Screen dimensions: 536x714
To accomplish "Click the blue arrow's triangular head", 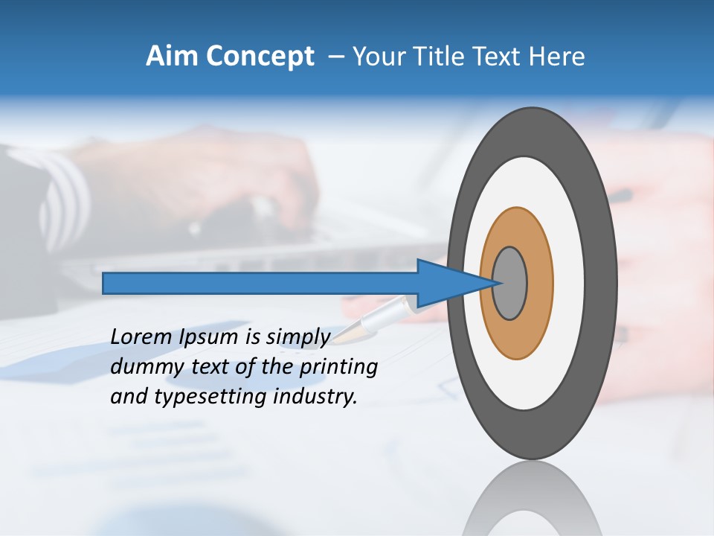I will click(446, 283).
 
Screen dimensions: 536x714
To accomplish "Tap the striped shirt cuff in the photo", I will click(63, 197).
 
